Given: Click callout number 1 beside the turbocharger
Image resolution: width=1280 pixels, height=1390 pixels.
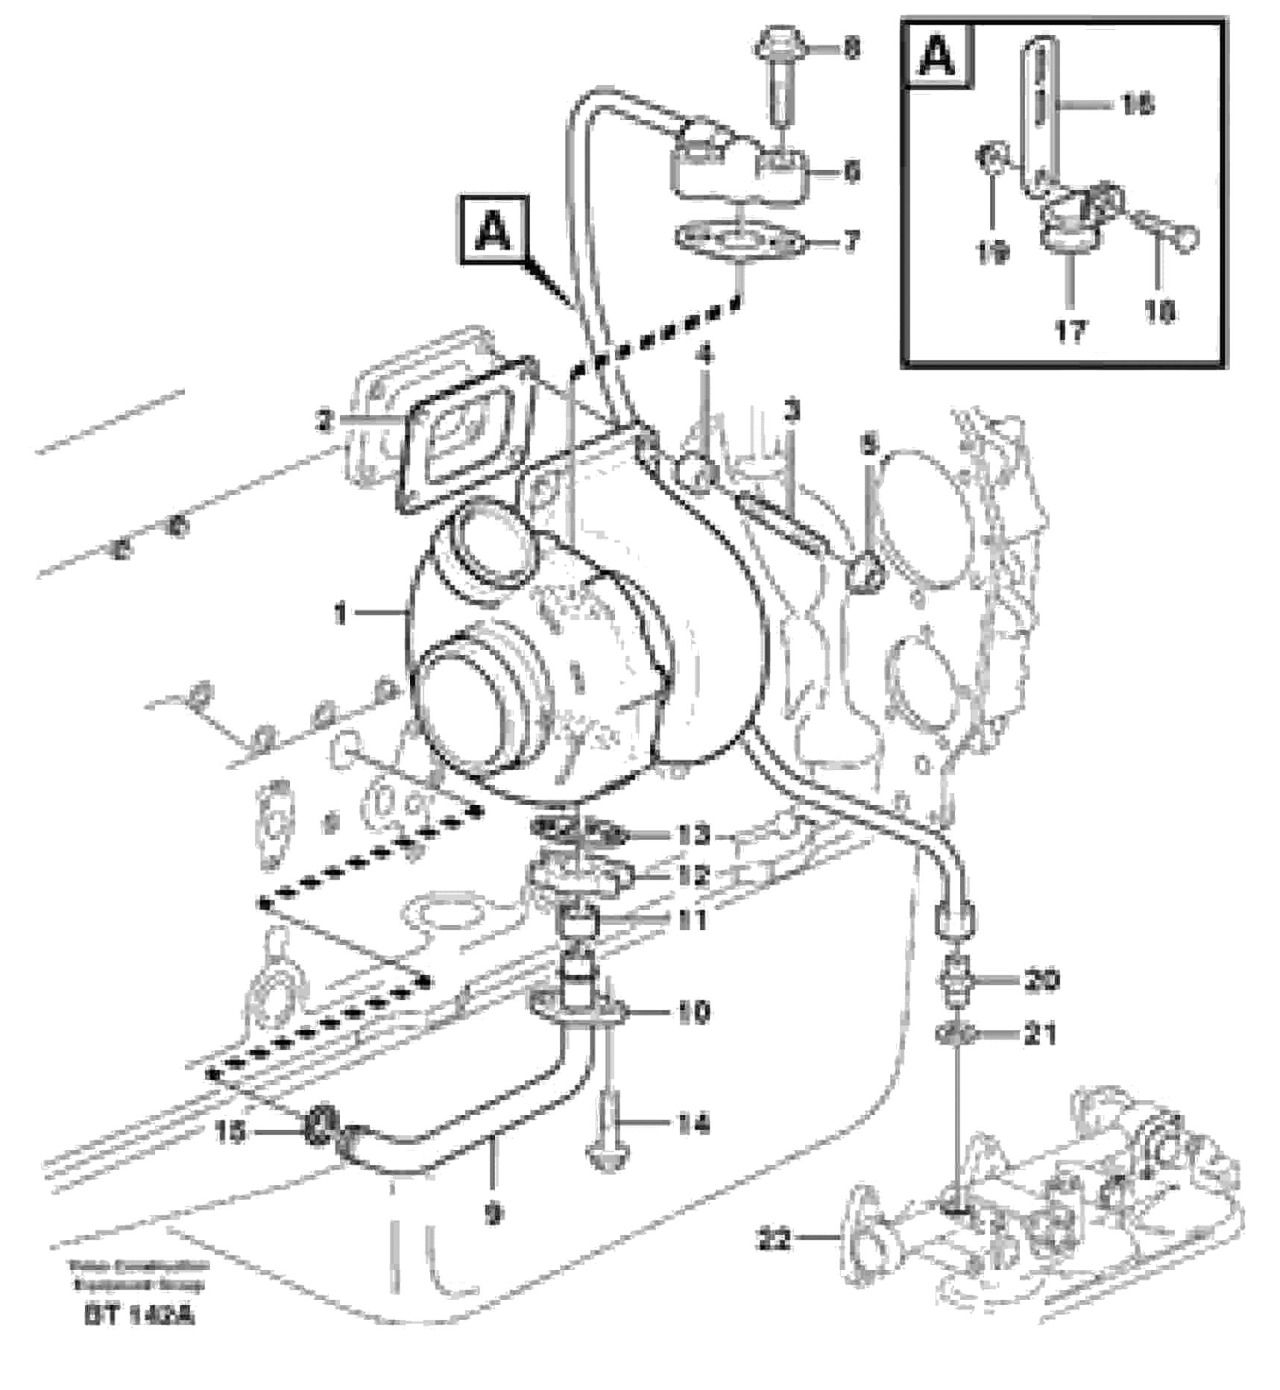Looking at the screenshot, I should [x=340, y=615].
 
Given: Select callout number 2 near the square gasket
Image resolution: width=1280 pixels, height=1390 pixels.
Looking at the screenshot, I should [x=323, y=422].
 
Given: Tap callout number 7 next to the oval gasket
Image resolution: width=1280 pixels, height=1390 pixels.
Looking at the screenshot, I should [x=851, y=241].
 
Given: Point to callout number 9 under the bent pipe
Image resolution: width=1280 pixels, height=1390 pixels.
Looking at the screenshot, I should [x=494, y=1214].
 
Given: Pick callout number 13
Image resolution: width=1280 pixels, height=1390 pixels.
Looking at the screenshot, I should [x=693, y=835].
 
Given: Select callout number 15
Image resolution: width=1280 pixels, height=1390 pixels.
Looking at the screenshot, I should [x=229, y=1133].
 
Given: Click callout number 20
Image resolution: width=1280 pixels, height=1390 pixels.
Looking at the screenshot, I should [x=1041, y=980].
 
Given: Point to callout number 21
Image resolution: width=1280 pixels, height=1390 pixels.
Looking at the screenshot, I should [x=1041, y=1034].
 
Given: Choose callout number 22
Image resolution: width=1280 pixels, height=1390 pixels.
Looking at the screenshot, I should [x=775, y=1241].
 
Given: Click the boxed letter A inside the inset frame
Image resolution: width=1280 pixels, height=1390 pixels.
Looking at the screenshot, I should [x=938, y=54].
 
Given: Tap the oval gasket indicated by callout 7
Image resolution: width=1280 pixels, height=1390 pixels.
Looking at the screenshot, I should [x=738, y=241].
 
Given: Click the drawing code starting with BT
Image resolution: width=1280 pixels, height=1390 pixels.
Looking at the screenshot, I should [x=139, y=1316].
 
